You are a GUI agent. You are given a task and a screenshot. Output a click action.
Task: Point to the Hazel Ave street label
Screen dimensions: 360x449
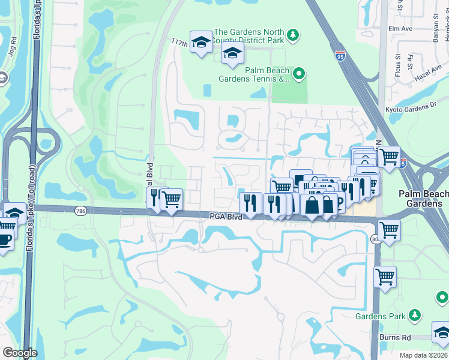click(427, 74)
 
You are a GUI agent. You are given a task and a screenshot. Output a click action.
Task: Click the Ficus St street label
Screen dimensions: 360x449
click(397, 63)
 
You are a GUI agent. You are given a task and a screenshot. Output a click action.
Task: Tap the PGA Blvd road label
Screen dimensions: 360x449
click(226, 217)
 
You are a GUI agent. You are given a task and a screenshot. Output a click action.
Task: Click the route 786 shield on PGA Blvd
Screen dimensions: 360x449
click(80, 211)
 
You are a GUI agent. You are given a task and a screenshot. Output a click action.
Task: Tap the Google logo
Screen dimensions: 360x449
click(20, 353)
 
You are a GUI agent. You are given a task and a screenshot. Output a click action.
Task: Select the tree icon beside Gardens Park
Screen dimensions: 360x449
click(414, 315)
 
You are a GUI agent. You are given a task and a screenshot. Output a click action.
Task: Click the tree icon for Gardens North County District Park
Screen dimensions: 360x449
click(292, 35)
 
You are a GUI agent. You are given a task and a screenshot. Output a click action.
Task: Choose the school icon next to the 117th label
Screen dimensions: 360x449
click(201, 41)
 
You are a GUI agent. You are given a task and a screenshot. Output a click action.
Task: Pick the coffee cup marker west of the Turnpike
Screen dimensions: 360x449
click(5, 240)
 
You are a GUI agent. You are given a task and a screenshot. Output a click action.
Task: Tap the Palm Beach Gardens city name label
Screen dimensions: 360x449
click(424, 199)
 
